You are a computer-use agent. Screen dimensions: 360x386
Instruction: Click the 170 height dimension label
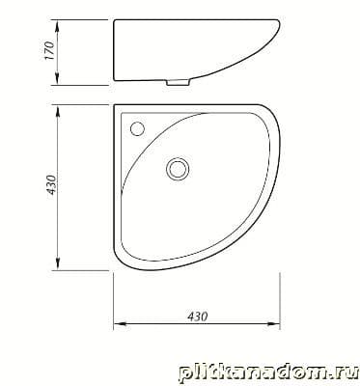pyautogui.click(x=50, y=50)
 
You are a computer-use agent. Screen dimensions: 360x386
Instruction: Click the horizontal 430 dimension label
pyautogui.click(x=198, y=317)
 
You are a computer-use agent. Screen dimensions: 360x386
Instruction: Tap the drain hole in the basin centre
pyautogui.click(x=177, y=169)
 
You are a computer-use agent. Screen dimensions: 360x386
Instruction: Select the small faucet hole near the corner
pyautogui.click(x=138, y=128)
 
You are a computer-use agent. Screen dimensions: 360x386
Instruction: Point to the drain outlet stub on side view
pyautogui.click(x=177, y=83)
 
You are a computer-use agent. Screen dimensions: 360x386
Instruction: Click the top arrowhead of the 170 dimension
pyautogui.click(x=57, y=26)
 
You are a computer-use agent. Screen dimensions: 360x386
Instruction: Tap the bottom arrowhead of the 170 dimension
pyautogui.click(x=57, y=78)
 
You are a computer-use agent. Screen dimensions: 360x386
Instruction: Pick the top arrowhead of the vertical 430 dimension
pyautogui.click(x=58, y=112)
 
